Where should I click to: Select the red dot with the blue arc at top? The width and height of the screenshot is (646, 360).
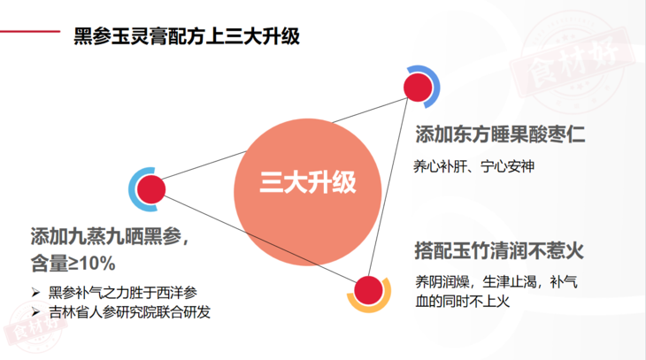(417, 88)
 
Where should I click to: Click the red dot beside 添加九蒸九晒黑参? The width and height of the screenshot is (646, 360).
(151, 188)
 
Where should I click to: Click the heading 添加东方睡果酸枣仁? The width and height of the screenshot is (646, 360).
(501, 135)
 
